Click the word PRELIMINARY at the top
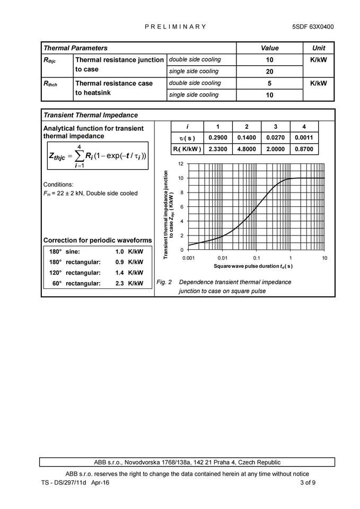[x=175, y=27]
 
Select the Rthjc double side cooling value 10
[x=269, y=60]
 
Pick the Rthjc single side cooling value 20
[x=269, y=72]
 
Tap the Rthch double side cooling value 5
[x=269, y=83]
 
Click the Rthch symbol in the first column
[x=50, y=83]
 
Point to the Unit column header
[x=319, y=48]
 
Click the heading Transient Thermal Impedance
[x=90, y=115]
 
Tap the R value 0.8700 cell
[x=304, y=150]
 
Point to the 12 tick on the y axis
[x=181, y=164]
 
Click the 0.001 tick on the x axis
[x=189, y=258]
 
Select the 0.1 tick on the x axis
[x=257, y=258]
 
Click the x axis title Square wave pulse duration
[x=253, y=266]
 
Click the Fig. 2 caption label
[x=164, y=282]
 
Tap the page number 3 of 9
[x=308, y=482]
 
